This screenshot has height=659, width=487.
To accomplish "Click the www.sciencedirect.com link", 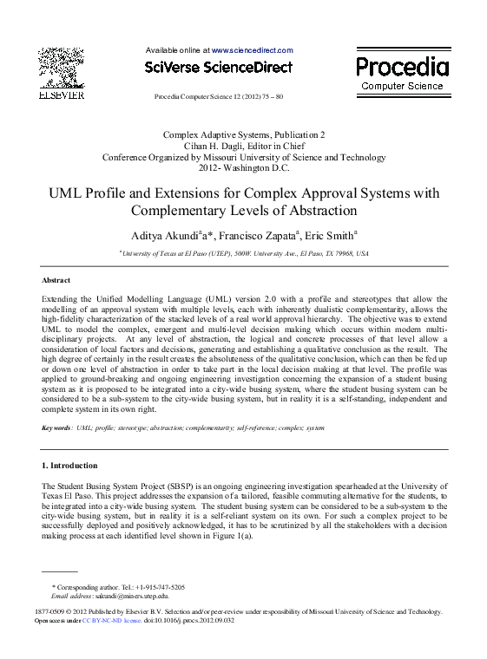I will pos(253,51).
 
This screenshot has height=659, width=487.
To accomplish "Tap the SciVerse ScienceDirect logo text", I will pos(219,68).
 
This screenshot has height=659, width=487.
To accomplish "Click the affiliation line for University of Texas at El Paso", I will pos(244,254).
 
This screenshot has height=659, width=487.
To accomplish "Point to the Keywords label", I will pos(56,428).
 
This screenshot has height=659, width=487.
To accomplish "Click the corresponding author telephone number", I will pos(155,587).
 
